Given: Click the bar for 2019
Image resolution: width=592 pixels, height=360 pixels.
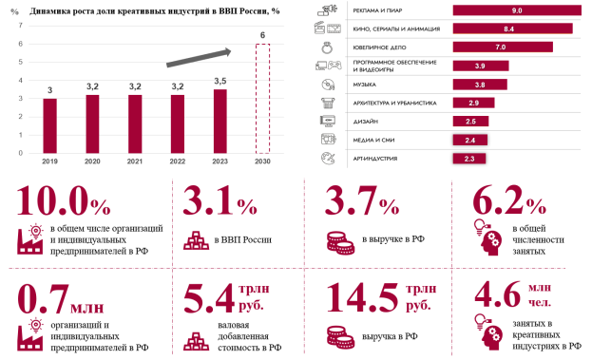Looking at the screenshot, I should [49, 125].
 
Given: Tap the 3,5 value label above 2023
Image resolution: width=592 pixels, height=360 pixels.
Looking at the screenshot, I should [220, 81].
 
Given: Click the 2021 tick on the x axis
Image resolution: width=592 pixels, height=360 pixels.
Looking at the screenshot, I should [135, 161].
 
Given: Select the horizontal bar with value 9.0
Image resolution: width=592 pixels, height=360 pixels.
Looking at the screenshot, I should [517, 10].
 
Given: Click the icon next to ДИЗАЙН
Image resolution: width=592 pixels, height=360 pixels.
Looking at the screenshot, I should [327, 122].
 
